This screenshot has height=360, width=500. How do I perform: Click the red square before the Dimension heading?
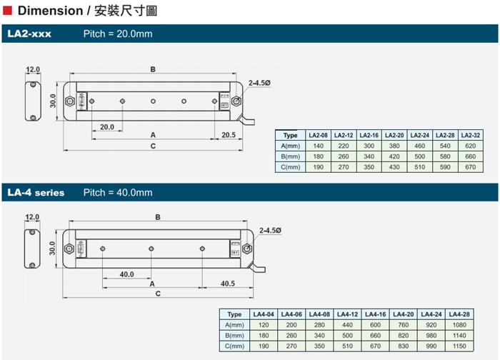8,10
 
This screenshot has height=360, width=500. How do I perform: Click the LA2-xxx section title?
30,34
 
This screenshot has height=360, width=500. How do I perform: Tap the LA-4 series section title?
36,192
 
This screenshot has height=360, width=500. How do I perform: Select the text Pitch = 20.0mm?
118,34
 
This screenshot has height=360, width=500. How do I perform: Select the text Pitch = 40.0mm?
118,192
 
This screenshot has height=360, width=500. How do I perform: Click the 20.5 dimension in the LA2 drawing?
229,135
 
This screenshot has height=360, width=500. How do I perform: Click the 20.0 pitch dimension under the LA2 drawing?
107,126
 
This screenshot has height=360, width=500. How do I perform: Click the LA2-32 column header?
471,135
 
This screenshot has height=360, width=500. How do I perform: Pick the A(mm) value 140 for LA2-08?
318,146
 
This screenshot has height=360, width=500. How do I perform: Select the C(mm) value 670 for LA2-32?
471,167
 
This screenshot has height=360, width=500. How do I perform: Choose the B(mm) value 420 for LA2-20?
394,156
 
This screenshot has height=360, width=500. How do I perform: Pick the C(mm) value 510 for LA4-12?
348,346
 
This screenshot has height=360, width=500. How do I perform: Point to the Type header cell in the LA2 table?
290,135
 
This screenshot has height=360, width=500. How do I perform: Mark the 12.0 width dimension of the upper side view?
33,69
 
